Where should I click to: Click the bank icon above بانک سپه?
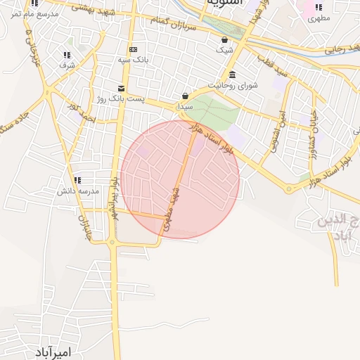pos(133,49)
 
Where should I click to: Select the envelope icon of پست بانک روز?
pos(122,89)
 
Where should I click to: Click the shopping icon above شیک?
pos(224,40)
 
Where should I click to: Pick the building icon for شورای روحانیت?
pos(232,75)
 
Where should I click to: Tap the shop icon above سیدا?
pos(185,96)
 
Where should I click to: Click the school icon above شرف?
pos(67,54)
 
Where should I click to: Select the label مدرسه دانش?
pos(76,191)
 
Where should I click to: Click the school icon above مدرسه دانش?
pos(76,180)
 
